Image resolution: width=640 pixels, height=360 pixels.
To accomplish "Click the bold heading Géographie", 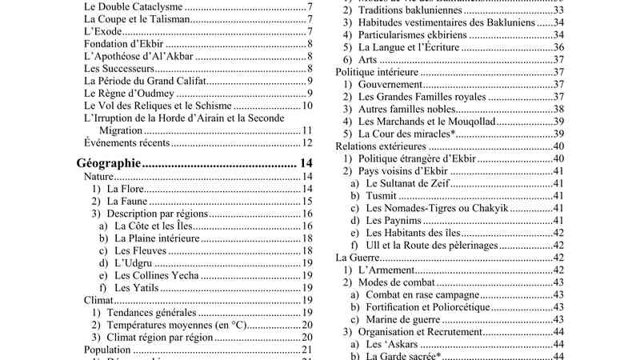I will (110, 163).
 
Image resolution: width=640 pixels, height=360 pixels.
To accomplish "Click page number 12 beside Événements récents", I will (306, 143).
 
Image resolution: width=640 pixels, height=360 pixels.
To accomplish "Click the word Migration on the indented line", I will (121, 130).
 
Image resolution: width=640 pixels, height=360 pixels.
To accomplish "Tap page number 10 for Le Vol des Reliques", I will (306, 106).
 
